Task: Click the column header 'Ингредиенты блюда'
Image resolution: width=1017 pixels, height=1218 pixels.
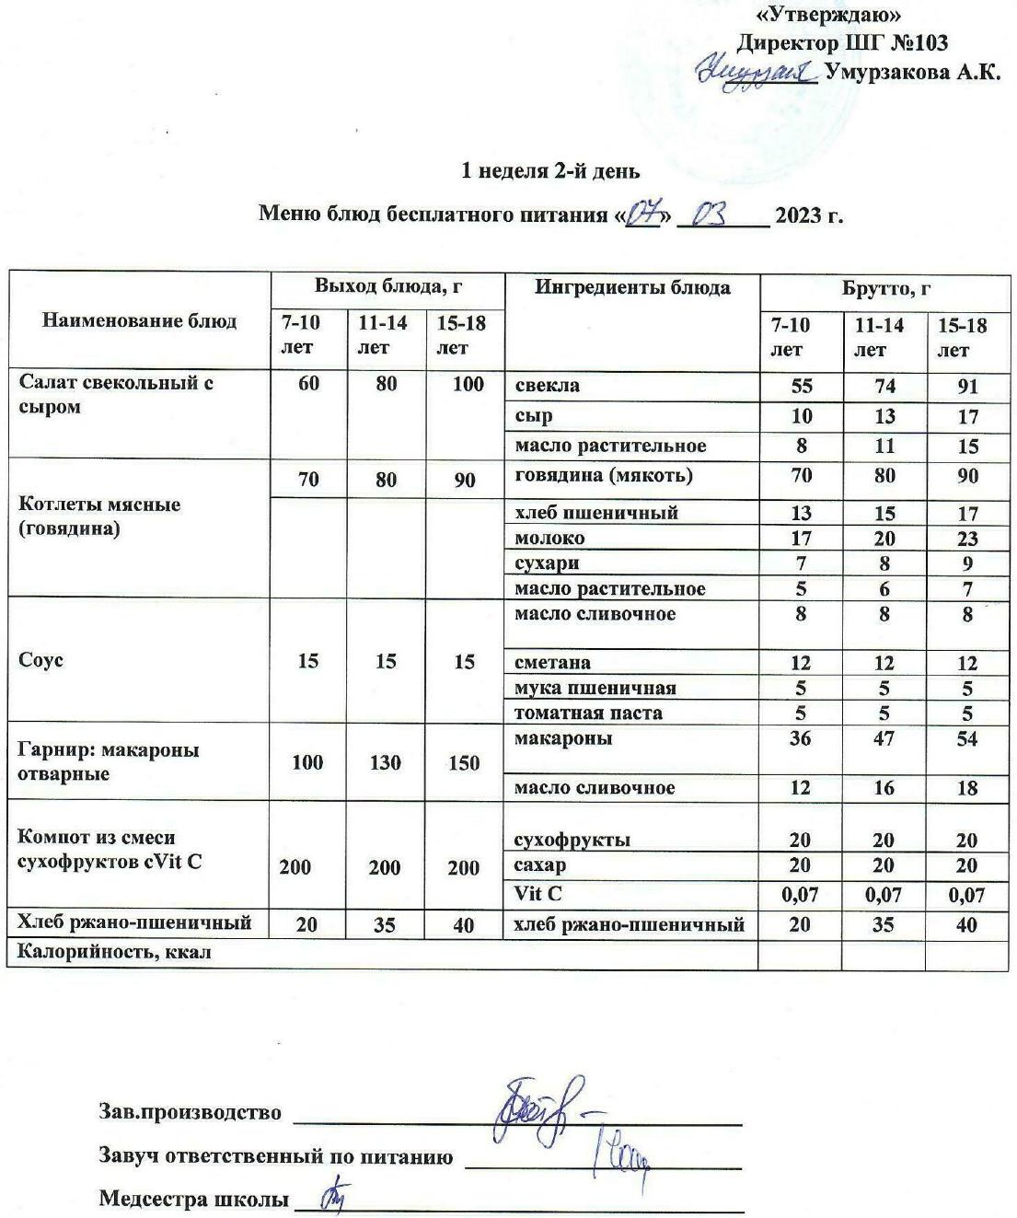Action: pyautogui.click(x=632, y=287)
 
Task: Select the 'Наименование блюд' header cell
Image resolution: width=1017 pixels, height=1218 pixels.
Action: pyautogui.click(x=139, y=320)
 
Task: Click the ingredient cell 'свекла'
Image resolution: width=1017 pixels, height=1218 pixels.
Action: pyautogui.click(x=547, y=386)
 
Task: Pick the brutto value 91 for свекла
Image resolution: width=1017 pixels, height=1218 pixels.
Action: pyautogui.click(x=966, y=387)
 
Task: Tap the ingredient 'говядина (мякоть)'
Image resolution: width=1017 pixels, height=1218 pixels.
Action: pyautogui.click(x=603, y=476)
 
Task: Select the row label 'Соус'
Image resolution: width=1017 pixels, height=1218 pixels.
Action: pyautogui.click(x=40, y=661)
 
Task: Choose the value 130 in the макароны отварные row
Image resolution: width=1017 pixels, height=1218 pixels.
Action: pyautogui.click(x=386, y=762)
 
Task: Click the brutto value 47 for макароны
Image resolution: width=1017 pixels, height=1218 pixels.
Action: pyautogui.click(x=884, y=738)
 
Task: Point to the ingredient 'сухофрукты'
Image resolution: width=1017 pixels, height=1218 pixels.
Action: pyautogui.click(x=572, y=840)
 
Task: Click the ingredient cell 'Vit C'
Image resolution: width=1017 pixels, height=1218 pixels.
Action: pyautogui.click(x=537, y=893)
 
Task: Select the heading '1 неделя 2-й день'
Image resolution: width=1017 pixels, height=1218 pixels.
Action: pyautogui.click(x=550, y=171)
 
